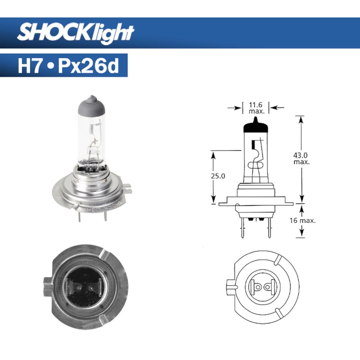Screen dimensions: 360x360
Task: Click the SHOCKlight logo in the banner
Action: click(x=76, y=32)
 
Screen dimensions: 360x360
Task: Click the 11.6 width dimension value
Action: click(x=256, y=104)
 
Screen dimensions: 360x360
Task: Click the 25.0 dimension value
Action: click(x=217, y=176)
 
